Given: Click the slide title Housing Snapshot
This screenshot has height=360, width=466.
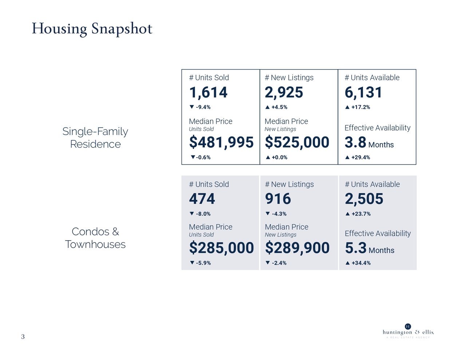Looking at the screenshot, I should pyautogui.click(x=92, y=28).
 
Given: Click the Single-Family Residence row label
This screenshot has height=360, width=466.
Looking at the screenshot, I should pyautogui.click(x=95, y=138).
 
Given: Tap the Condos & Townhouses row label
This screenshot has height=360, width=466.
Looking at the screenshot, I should pyautogui.click(x=95, y=238).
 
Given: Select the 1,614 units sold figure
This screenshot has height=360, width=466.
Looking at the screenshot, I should pyautogui.click(x=208, y=92).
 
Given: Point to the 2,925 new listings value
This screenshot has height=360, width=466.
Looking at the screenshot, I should pyautogui.click(x=284, y=92).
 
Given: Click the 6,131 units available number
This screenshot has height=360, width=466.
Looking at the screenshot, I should pyautogui.click(x=363, y=92).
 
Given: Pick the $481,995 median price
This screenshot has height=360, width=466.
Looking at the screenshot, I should pyautogui.click(x=221, y=142).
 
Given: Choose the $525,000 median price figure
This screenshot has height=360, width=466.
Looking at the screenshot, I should pyautogui.click(x=297, y=142).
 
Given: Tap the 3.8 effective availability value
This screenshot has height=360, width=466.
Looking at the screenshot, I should pyautogui.click(x=355, y=142).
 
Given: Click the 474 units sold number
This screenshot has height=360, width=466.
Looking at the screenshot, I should pyautogui.click(x=202, y=199).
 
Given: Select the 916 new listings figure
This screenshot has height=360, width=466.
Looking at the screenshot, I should pyautogui.click(x=278, y=199).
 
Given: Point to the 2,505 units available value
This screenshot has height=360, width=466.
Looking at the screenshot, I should pyautogui.click(x=364, y=199).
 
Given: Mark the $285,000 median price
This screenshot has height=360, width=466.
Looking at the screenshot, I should pyautogui.click(x=221, y=248).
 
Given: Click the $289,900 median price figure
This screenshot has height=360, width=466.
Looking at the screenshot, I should pyautogui.click(x=297, y=248).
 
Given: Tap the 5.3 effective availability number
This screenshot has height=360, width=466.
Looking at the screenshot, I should pyautogui.click(x=356, y=248).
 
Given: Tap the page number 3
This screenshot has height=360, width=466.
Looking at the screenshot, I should pyautogui.click(x=23, y=337).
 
